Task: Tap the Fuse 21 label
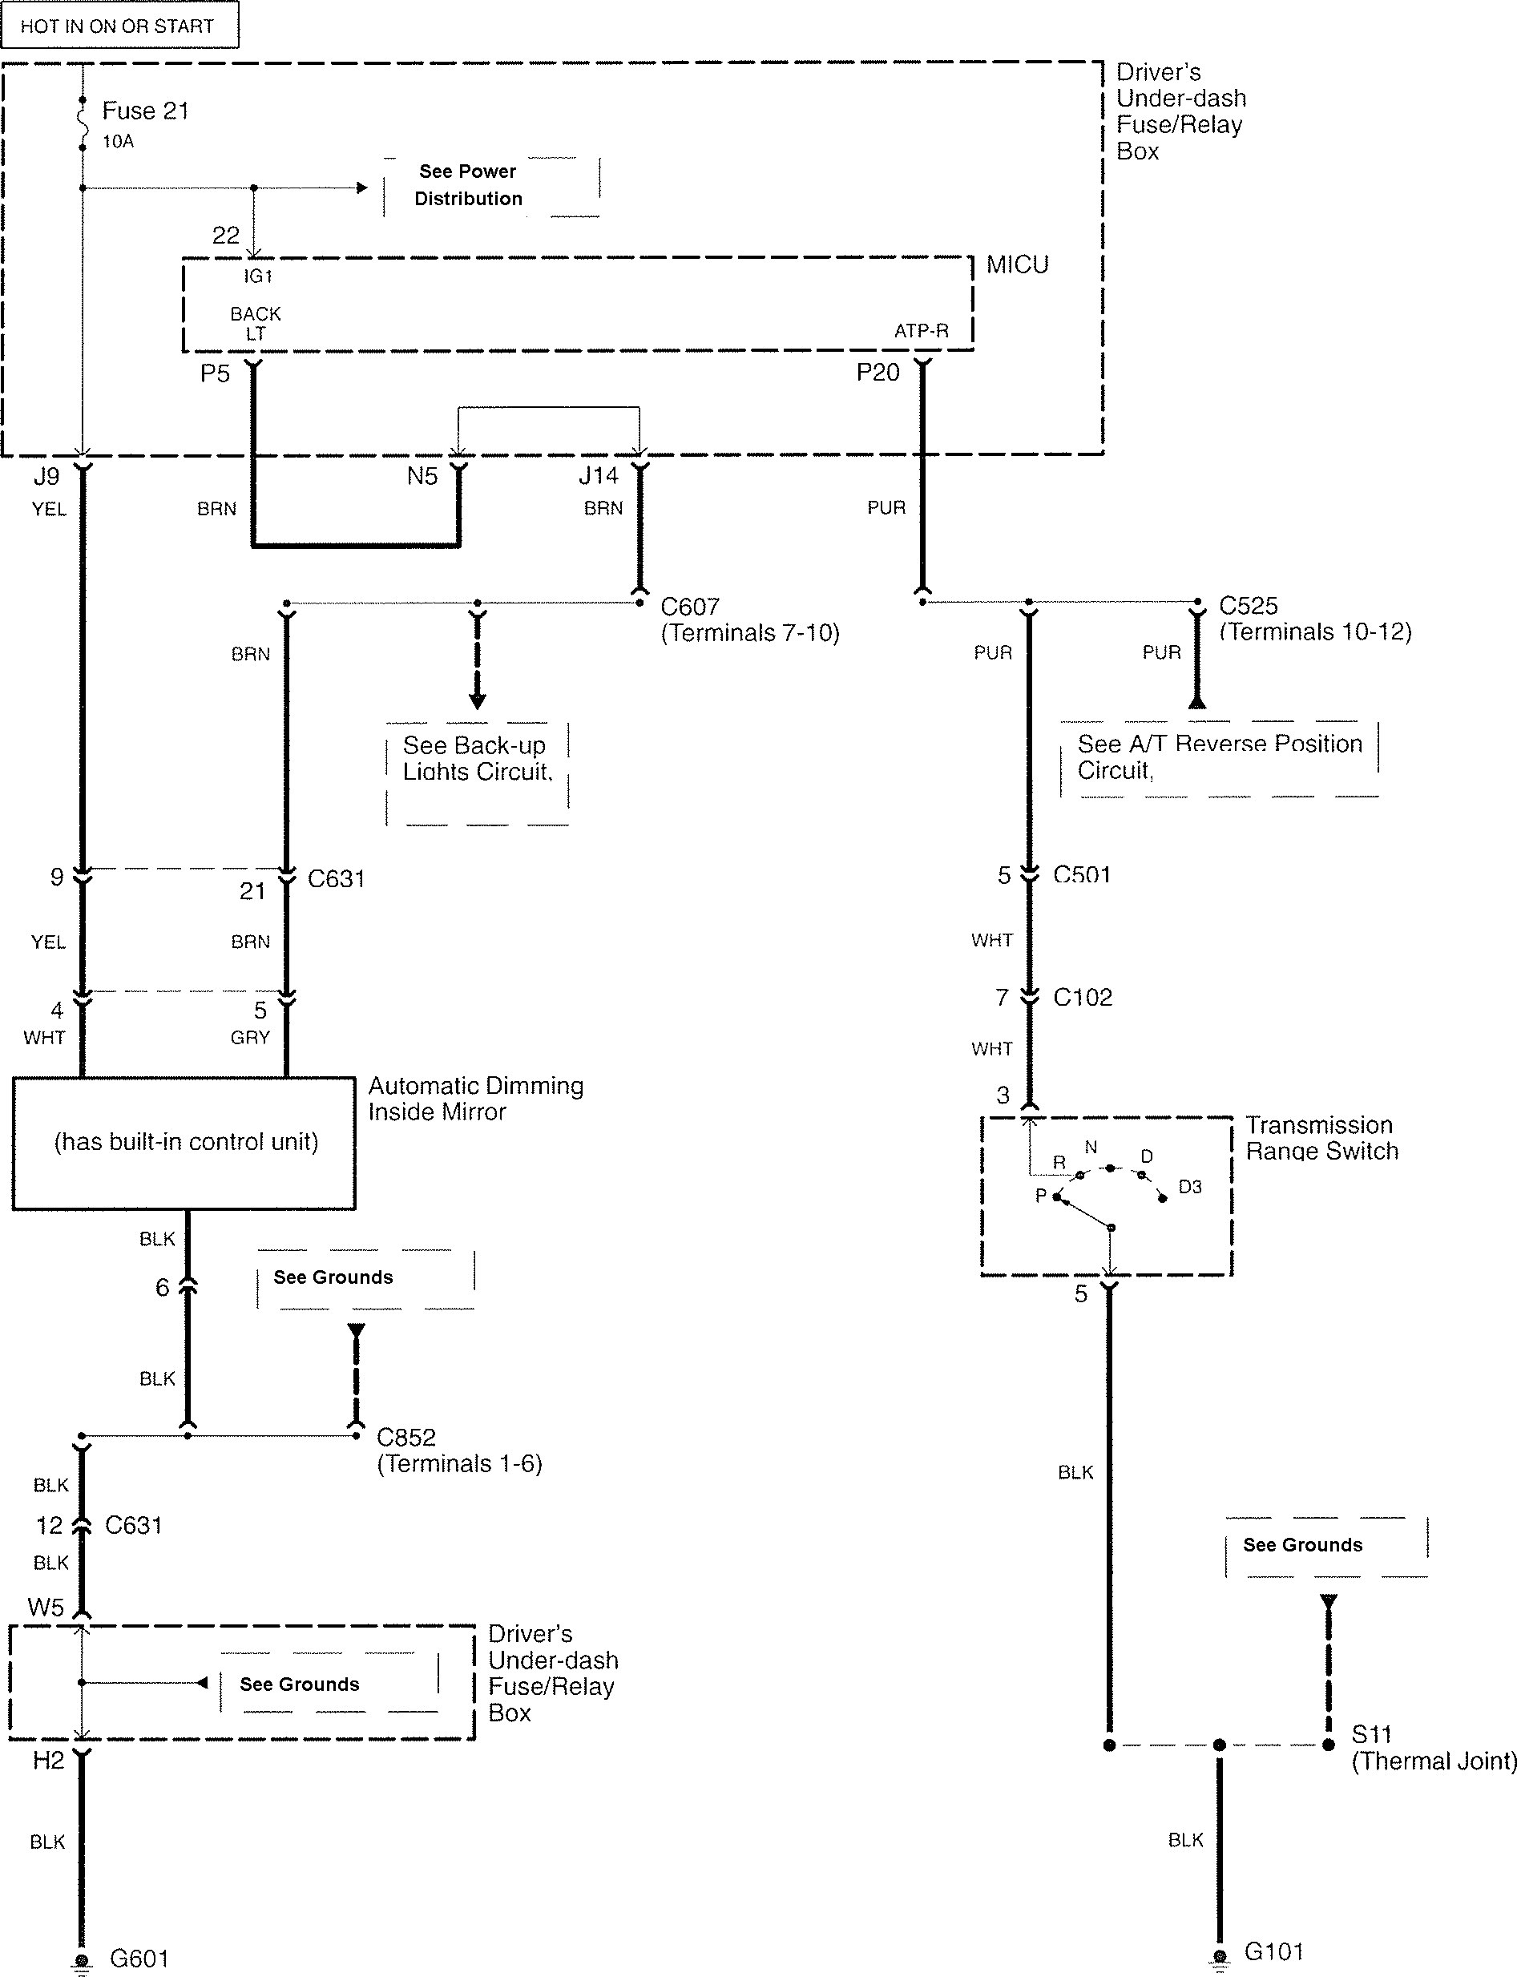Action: pos(145,111)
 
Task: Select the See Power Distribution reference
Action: pos(468,185)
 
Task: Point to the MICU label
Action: pos(1017,265)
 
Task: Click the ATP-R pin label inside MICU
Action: pos(921,331)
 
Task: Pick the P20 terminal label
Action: pos(878,373)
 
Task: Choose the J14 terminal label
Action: pos(599,476)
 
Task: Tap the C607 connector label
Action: pos(690,607)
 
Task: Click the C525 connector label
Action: pos(1248,606)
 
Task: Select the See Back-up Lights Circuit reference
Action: pos(476,758)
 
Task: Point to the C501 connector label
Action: pos(1082,875)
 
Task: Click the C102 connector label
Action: pos(1083,998)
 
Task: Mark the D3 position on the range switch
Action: pos(1189,1187)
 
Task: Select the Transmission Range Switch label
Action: pos(1321,1138)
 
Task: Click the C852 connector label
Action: pos(406,1437)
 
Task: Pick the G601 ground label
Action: pos(139,1958)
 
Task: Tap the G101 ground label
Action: pos(1273,1951)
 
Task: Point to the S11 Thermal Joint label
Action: pos(1431,1748)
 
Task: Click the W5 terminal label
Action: pos(46,1607)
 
